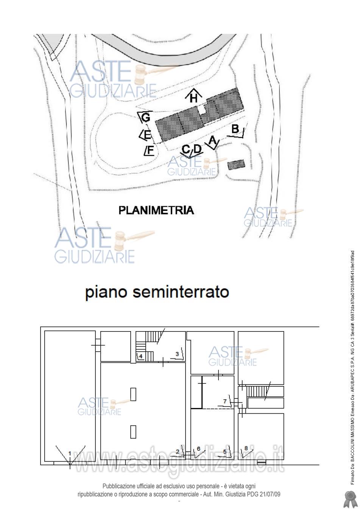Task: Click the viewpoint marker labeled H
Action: [x=193, y=97]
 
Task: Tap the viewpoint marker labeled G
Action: [x=145, y=117]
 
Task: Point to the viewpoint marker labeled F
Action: [x=149, y=150]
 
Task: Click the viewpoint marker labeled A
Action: [x=212, y=142]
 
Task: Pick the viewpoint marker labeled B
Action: [x=236, y=130]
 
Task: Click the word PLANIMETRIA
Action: [x=156, y=210]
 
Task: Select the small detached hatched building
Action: [x=236, y=165]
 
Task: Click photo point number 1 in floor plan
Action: [x=70, y=453]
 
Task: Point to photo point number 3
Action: [x=177, y=354]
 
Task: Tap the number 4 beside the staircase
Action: [x=140, y=356]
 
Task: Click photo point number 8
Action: [x=246, y=448]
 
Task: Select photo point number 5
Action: [x=224, y=451]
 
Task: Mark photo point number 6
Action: [x=198, y=449]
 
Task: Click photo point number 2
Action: [x=178, y=451]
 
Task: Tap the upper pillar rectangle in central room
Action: [x=133, y=394]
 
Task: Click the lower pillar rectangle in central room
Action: [x=133, y=431]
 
